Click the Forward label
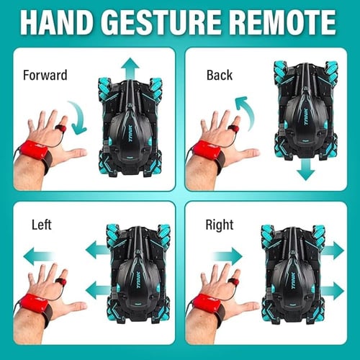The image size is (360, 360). pos(45,75)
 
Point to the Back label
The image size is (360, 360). pos(220,75)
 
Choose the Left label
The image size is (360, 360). pos(42,225)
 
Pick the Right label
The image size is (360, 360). pos(220,225)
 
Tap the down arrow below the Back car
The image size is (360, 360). pos(305,169)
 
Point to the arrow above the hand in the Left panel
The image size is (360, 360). pos(38,256)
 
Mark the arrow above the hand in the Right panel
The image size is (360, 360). pos(227,256)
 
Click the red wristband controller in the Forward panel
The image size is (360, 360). pos(34,150)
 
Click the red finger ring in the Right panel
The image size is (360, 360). pos(233,282)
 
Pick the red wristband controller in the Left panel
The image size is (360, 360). pos(34,303)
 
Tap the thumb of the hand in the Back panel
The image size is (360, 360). pos(247,153)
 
